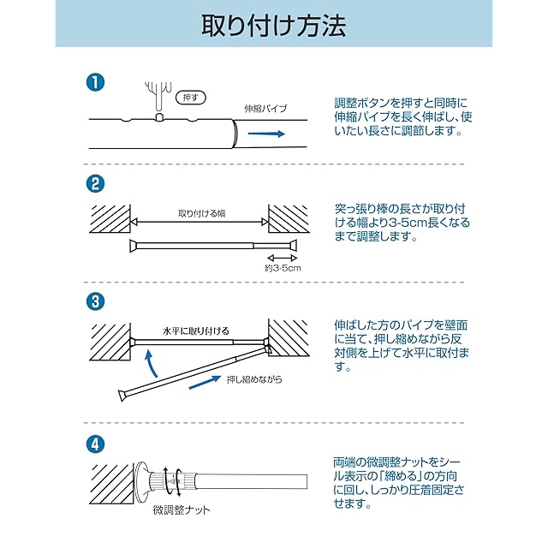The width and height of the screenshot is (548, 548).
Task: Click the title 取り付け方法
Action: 274,26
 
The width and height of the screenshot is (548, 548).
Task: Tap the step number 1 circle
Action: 95,83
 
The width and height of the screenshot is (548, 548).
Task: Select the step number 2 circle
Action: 95,183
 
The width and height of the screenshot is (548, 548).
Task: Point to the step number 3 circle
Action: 95,301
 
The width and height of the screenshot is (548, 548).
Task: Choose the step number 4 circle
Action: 95,444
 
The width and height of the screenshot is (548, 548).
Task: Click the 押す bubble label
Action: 190,98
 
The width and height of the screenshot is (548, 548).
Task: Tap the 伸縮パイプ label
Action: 265,109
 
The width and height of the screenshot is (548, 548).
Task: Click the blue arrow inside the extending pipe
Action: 266,134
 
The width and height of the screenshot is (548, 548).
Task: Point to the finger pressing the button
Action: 158,97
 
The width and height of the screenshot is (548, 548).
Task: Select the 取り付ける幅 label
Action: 202,213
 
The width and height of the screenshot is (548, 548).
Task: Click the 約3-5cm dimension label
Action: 283,268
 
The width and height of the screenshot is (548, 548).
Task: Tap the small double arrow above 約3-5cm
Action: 282,259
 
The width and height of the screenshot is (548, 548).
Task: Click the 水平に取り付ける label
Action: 196,331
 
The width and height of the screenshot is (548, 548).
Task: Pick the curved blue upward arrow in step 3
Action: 151,363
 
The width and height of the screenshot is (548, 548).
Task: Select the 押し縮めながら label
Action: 254,378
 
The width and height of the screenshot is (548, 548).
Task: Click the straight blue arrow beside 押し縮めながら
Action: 205,382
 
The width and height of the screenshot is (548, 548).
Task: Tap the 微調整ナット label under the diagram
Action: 182,510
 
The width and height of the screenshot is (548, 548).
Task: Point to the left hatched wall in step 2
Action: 110,219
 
